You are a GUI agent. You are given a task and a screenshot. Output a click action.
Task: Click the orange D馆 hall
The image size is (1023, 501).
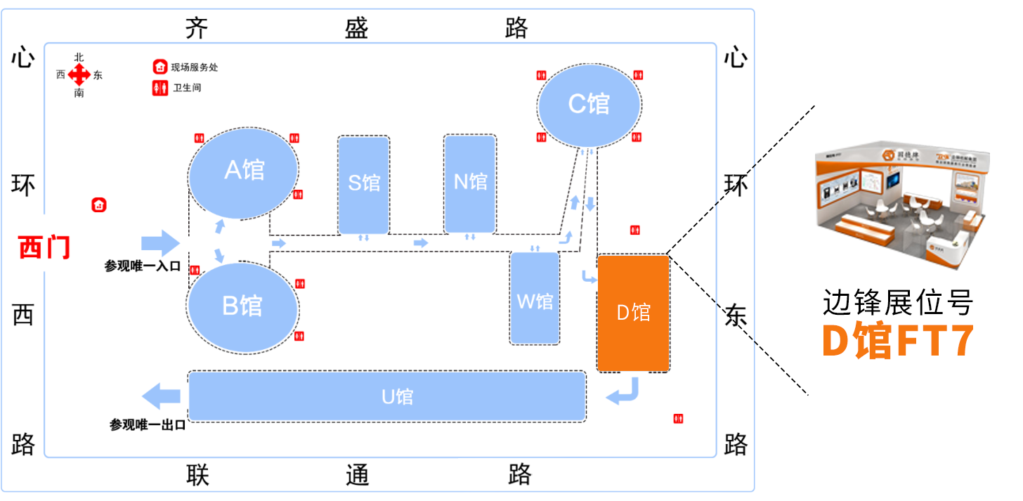pyautogui.click(x=633, y=313)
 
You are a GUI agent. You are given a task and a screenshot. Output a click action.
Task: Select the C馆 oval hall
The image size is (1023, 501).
pyautogui.click(x=589, y=104)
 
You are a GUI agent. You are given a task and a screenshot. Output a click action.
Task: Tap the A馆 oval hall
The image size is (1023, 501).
pyautogui.click(x=244, y=171)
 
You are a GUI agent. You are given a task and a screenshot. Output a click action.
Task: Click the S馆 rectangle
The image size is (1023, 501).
pyautogui.click(x=364, y=184)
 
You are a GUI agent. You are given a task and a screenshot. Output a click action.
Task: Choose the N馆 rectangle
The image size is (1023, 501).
pyautogui.click(x=470, y=183)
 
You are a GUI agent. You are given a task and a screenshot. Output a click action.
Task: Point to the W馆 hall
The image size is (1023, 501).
pyautogui.click(x=535, y=299)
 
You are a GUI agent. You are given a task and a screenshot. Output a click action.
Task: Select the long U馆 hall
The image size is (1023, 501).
pyautogui.click(x=387, y=396)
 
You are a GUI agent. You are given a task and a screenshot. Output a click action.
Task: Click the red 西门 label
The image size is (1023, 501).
pyautogui.click(x=44, y=247)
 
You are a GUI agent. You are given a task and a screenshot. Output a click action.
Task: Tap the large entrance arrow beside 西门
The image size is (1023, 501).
pyautogui.click(x=161, y=243)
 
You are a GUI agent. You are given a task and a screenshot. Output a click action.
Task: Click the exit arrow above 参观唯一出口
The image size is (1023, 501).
pyautogui.click(x=161, y=396)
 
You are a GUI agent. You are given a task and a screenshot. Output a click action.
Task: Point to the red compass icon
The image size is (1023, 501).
pyautogui.click(x=79, y=74)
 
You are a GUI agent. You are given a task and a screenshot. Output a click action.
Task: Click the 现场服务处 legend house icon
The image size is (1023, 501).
pyautogui.click(x=160, y=67)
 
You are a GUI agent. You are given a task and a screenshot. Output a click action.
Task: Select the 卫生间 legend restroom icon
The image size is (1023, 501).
pyautogui.click(x=160, y=89)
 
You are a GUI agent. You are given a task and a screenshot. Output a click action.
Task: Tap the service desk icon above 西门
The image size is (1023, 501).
pyautogui.click(x=99, y=205)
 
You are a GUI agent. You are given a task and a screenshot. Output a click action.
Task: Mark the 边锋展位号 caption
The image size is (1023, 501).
pyautogui.click(x=898, y=304)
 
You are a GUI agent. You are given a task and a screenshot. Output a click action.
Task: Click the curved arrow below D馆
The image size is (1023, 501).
pyautogui.click(x=624, y=391)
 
